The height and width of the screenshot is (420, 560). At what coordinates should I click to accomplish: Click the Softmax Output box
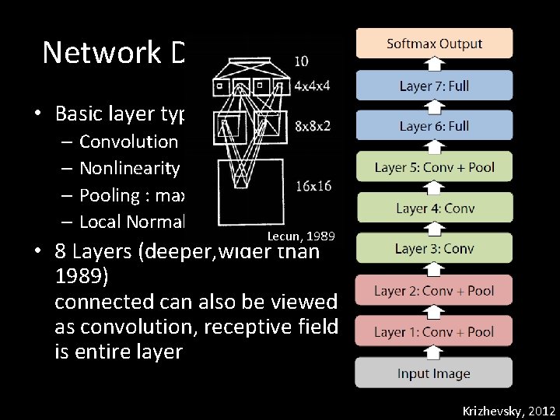point(434,44)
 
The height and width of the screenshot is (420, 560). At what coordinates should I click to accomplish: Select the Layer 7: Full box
point(434,86)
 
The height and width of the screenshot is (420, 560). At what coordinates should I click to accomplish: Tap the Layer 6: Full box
point(434,126)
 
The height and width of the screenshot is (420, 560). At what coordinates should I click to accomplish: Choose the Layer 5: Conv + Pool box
point(434,167)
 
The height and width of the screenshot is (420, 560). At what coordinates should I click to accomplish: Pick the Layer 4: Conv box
point(434,208)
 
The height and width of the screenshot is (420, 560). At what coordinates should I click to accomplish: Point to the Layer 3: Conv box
point(434,249)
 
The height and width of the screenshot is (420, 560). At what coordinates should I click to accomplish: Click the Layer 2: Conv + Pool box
point(434,291)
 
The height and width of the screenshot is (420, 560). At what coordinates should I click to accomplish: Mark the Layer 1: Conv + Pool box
point(434,332)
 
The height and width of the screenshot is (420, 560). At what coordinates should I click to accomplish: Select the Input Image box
point(434,373)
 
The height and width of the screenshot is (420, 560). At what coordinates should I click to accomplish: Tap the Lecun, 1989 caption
point(300,235)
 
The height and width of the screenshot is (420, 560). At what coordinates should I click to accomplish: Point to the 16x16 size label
point(313,186)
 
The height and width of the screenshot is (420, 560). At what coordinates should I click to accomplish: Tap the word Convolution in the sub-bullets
point(128,142)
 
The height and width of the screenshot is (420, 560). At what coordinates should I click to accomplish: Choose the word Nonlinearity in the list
point(130,168)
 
